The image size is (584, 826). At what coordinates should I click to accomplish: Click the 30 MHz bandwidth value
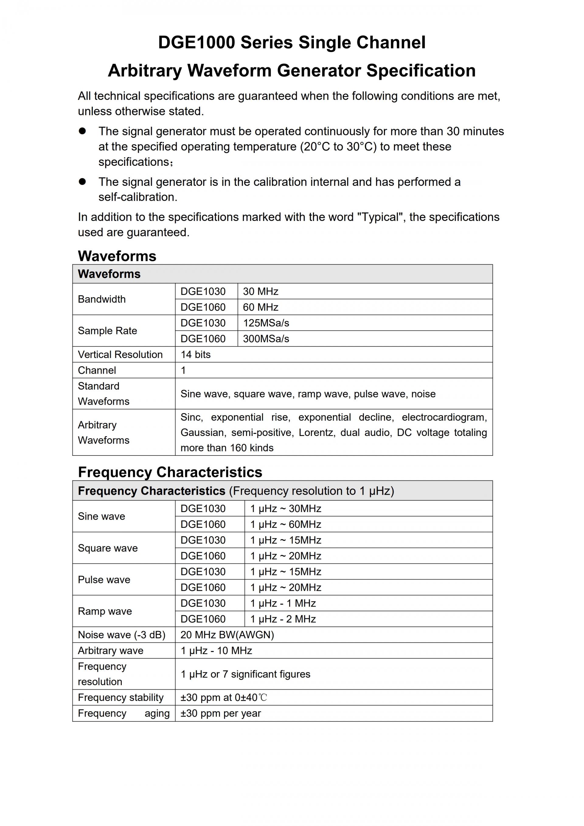click(x=260, y=291)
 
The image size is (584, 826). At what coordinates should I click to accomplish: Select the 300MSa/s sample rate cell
click(x=266, y=339)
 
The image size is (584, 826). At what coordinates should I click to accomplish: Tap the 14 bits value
click(x=195, y=355)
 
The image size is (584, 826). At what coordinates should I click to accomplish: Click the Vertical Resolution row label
click(x=120, y=355)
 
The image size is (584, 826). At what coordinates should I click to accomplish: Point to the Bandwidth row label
click(x=102, y=299)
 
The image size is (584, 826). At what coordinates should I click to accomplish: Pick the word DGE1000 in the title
click(x=196, y=43)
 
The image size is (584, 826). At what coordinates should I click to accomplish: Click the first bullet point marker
click(x=82, y=131)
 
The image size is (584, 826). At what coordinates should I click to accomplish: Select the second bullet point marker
click(x=82, y=182)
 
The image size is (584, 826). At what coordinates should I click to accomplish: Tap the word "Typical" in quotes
click(x=381, y=217)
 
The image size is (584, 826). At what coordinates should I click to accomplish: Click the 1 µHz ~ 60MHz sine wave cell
click(x=286, y=525)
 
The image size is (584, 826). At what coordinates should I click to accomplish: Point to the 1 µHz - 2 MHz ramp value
click(x=283, y=619)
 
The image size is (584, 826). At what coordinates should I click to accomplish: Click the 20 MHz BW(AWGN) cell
click(x=227, y=635)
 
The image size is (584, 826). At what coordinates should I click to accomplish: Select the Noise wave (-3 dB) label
click(x=122, y=635)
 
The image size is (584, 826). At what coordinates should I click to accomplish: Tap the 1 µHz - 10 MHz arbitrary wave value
click(x=216, y=651)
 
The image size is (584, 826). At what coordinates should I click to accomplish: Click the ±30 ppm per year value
click(x=221, y=713)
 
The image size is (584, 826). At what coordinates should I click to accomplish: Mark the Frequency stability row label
click(x=120, y=698)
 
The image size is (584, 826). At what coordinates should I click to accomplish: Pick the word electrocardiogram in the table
click(x=444, y=417)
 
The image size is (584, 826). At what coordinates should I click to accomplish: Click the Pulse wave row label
click(x=104, y=580)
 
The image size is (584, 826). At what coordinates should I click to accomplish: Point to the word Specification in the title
click(x=421, y=71)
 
